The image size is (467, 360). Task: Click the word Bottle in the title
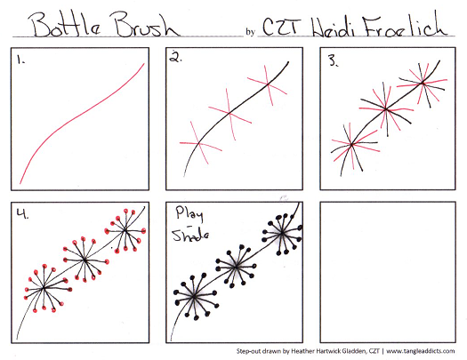[x=65, y=25]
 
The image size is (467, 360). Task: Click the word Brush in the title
[x=145, y=24]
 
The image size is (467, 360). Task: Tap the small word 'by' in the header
[x=250, y=32]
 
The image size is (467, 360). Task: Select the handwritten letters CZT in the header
[x=282, y=26]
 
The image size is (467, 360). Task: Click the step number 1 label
[x=20, y=60]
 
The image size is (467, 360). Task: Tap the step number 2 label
[x=176, y=57]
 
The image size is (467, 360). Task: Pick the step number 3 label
[x=333, y=61]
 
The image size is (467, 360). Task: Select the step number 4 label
[x=22, y=213]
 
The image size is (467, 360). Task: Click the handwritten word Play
[x=189, y=213]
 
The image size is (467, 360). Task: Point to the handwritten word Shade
[x=190, y=235]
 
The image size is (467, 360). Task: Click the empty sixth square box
[x=388, y=272]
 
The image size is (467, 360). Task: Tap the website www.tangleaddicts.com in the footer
[x=421, y=351]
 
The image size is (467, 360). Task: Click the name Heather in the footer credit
[x=302, y=351]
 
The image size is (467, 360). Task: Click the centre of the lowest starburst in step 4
[x=44, y=288]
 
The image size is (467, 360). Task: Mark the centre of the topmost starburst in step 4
[x=125, y=229]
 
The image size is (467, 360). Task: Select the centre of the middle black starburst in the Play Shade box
[x=236, y=267]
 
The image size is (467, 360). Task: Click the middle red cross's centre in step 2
[x=229, y=113]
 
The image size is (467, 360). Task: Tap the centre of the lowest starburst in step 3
[x=351, y=145]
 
